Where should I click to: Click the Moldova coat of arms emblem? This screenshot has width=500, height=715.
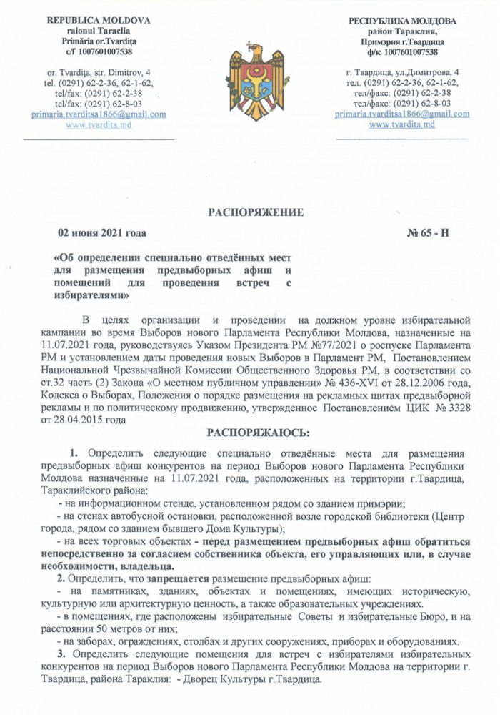249,77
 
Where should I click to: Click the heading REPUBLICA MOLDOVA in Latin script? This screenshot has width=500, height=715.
99,20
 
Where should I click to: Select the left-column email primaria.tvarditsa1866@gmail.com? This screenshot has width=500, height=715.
99,114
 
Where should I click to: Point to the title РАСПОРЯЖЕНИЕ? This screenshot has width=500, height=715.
256,212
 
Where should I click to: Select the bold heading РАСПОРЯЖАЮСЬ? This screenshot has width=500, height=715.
249,433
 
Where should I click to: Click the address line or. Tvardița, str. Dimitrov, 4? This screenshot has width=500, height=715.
99,73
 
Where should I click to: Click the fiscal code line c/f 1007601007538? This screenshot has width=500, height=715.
99,51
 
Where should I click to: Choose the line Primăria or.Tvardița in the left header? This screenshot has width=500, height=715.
99,41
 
